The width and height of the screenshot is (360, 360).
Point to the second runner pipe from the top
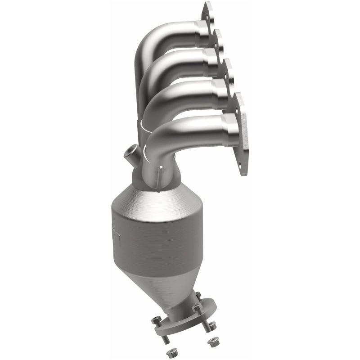166,67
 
